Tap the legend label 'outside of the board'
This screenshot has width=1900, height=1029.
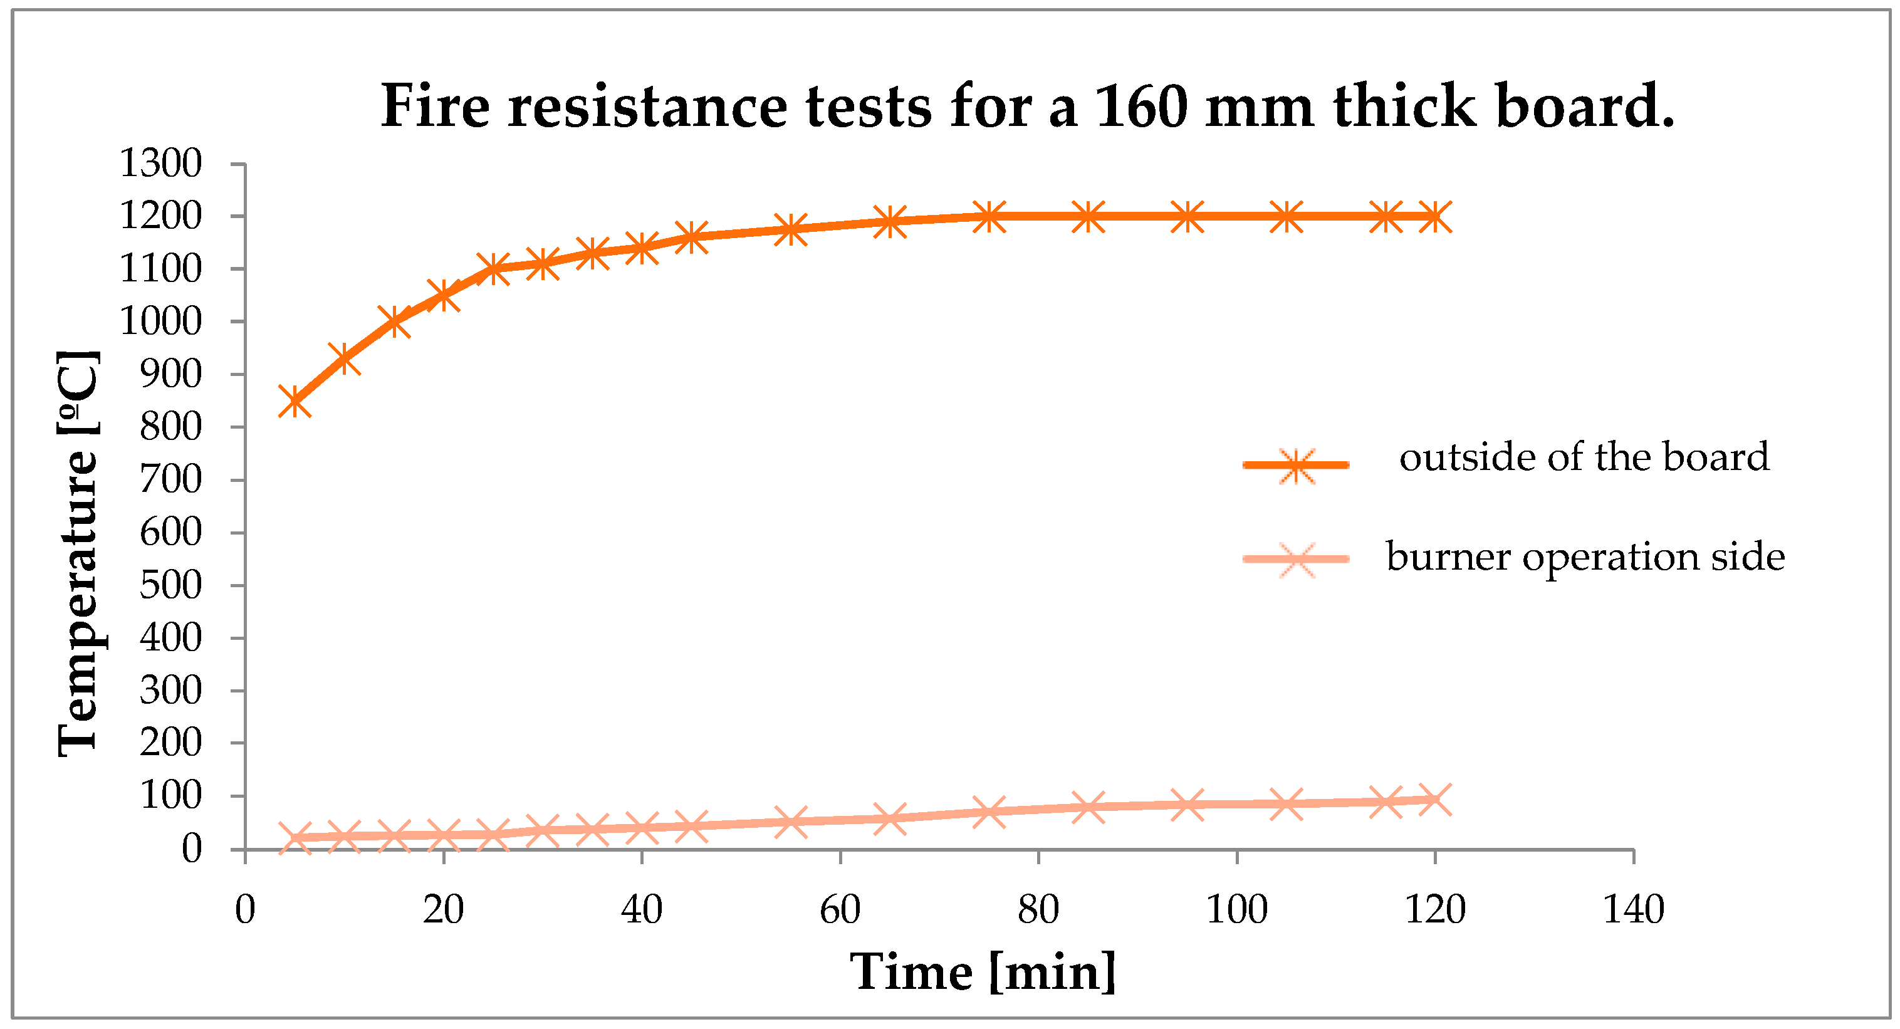1584,457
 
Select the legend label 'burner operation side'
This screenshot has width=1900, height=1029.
1585,556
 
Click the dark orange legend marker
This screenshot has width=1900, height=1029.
1296,466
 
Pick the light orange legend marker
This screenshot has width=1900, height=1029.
1296,560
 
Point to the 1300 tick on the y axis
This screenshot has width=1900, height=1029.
160,164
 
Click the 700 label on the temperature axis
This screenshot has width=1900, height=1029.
170,480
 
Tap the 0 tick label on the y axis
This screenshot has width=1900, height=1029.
191,850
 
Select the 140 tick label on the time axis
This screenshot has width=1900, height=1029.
1633,909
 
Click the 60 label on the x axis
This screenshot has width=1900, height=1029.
840,909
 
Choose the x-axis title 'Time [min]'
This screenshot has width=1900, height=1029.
983,972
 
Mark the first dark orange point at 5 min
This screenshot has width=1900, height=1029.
295,401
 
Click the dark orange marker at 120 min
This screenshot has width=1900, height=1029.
1434,217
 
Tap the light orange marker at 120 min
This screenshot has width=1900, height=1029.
1434,800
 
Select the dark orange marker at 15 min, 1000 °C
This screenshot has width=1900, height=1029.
394,321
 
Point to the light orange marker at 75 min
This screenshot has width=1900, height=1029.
988,812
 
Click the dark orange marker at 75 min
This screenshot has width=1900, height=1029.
988,217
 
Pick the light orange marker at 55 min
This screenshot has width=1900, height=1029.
791,821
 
